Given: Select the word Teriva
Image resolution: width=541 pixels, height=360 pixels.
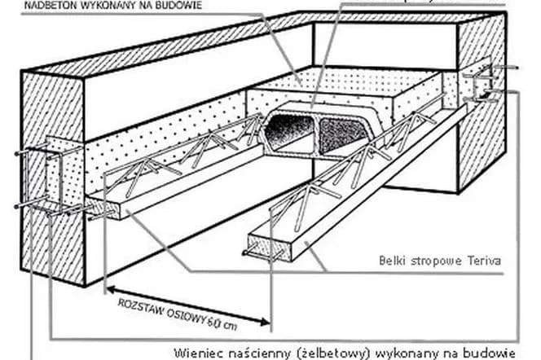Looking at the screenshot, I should [x=482, y=261].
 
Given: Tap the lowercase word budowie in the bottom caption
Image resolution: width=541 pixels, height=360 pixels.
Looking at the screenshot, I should [x=491, y=353].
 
